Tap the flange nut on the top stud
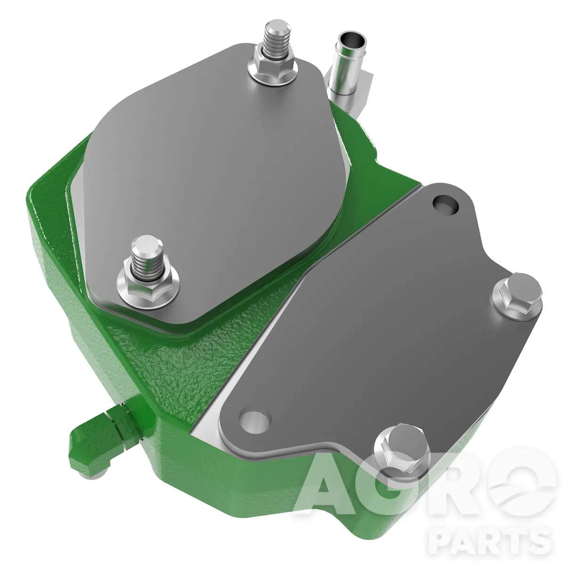coord(274,66)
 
